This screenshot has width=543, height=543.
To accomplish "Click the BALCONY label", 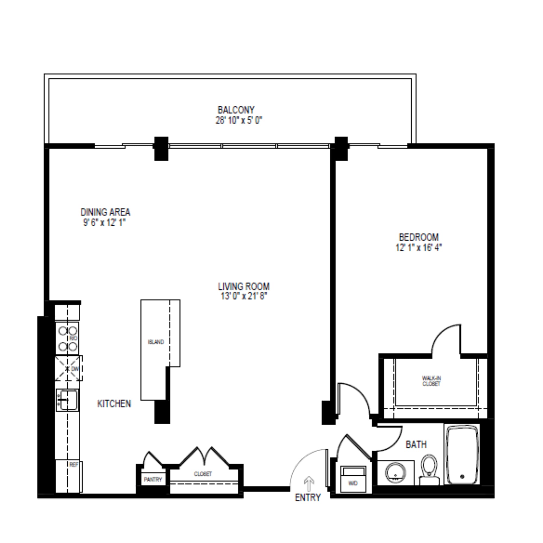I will click(236, 110).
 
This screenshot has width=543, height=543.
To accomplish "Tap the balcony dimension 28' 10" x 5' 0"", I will click(239, 121).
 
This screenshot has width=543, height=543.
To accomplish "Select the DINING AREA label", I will click(105, 212).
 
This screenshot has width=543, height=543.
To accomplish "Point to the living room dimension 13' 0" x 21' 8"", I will click(243, 296).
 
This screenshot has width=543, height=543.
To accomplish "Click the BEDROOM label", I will click(419, 237).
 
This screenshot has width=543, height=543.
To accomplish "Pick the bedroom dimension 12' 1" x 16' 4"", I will click(419, 248).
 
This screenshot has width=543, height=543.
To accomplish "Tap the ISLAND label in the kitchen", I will click(156, 342).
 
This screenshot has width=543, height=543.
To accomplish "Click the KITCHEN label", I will click(114, 404).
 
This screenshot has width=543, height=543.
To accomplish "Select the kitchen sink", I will click(67, 400).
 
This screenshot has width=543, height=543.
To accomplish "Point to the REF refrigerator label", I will click(74, 465).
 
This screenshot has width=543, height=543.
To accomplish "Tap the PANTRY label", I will click(153, 479).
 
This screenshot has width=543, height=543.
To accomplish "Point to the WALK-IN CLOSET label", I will click(431, 381).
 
